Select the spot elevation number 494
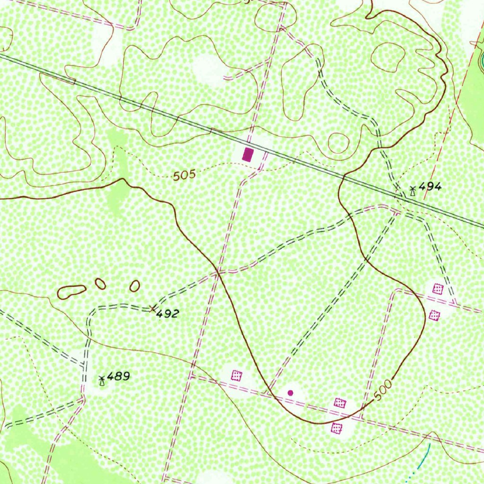(x=430, y=187)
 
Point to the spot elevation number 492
(x=168, y=313)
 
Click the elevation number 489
(x=118, y=377)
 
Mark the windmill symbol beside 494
(x=413, y=190)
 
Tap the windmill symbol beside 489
(x=101, y=380)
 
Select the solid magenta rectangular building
(x=247, y=154)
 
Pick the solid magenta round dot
(x=290, y=392)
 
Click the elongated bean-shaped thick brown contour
(x=71, y=292)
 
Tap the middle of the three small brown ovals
(x=100, y=284)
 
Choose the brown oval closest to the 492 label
(x=135, y=286)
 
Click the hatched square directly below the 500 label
(x=336, y=428)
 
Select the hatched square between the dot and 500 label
(x=340, y=403)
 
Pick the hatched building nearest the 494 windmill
(x=438, y=288)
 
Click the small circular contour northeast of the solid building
(x=338, y=143)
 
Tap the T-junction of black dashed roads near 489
(x=84, y=365)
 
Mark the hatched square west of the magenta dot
(x=236, y=376)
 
